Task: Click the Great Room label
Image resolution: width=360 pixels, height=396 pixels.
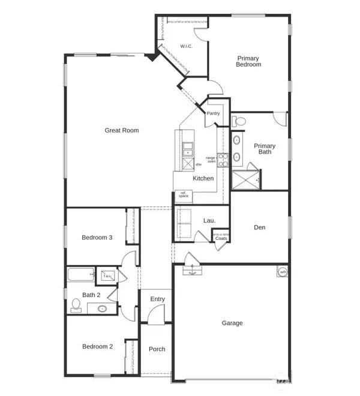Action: pos(122,130)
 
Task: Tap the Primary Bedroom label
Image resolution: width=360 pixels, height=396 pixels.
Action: pos(248,61)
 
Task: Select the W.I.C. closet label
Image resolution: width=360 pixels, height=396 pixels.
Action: pos(185,46)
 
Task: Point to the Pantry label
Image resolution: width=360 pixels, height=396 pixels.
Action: pos(213,113)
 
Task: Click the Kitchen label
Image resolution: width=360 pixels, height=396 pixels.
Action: pos(203,178)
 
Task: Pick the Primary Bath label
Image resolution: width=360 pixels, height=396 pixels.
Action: pos(265,149)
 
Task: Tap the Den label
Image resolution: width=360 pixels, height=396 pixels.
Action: pos(259,227)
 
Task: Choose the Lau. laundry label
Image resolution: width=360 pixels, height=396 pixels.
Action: pos(209,221)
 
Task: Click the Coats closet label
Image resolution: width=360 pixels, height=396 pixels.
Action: pos(221,238)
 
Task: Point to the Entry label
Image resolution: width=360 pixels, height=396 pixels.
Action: pos(157,299)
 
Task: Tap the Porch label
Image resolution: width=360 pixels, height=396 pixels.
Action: pos(157,349)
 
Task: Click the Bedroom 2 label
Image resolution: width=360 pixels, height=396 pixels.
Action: pos(97,347)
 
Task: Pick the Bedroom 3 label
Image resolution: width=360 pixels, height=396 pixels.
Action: pos(97,238)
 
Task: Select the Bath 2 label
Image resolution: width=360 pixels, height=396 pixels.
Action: pos(91,295)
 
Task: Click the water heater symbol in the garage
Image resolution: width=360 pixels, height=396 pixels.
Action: pos(281,272)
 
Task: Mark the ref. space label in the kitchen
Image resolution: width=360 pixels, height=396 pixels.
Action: pos(183,194)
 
